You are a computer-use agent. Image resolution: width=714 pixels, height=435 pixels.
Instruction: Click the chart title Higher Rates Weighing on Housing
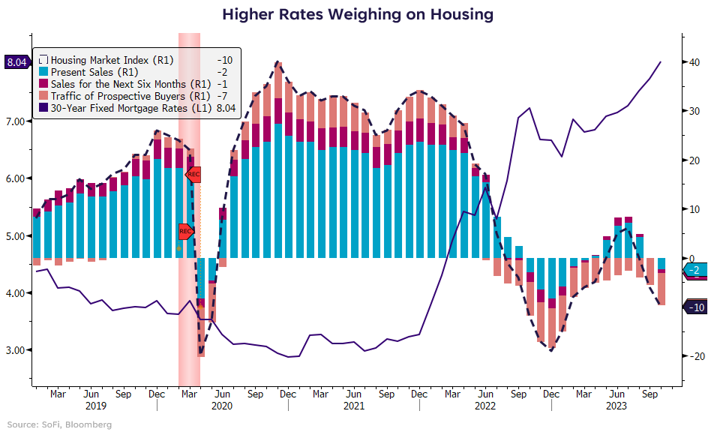coord(357,14)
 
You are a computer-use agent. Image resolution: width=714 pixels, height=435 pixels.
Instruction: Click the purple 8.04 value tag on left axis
coord(16,62)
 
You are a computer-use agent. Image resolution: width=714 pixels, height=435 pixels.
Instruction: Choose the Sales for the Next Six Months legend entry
coord(120,83)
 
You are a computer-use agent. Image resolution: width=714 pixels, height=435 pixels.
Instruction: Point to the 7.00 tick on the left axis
coord(17,121)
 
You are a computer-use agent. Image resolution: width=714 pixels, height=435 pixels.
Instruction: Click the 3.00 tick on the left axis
coord(17,350)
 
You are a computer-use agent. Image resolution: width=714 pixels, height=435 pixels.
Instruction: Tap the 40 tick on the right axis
coord(694,62)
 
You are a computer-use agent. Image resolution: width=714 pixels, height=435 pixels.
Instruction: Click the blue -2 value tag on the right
coord(694,270)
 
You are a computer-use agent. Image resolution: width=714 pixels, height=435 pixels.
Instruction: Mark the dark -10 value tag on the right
coord(694,307)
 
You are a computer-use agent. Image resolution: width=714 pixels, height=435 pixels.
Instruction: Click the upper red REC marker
coord(194,175)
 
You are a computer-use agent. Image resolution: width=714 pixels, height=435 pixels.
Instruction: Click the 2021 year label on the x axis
coord(353,406)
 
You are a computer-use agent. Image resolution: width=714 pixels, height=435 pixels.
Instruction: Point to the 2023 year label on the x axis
coord(615,406)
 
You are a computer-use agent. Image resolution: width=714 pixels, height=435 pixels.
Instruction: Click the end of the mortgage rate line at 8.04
coord(660,62)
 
